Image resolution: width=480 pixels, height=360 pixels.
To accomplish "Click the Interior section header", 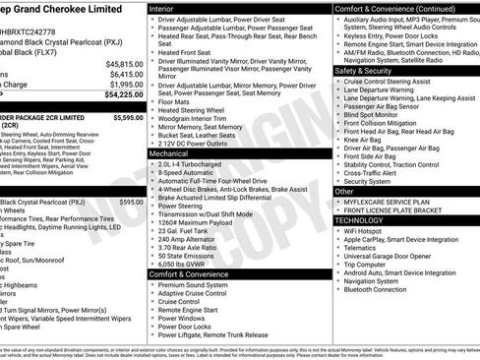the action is coord(164,8).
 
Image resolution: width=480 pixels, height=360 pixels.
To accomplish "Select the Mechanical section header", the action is coord(171,153).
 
